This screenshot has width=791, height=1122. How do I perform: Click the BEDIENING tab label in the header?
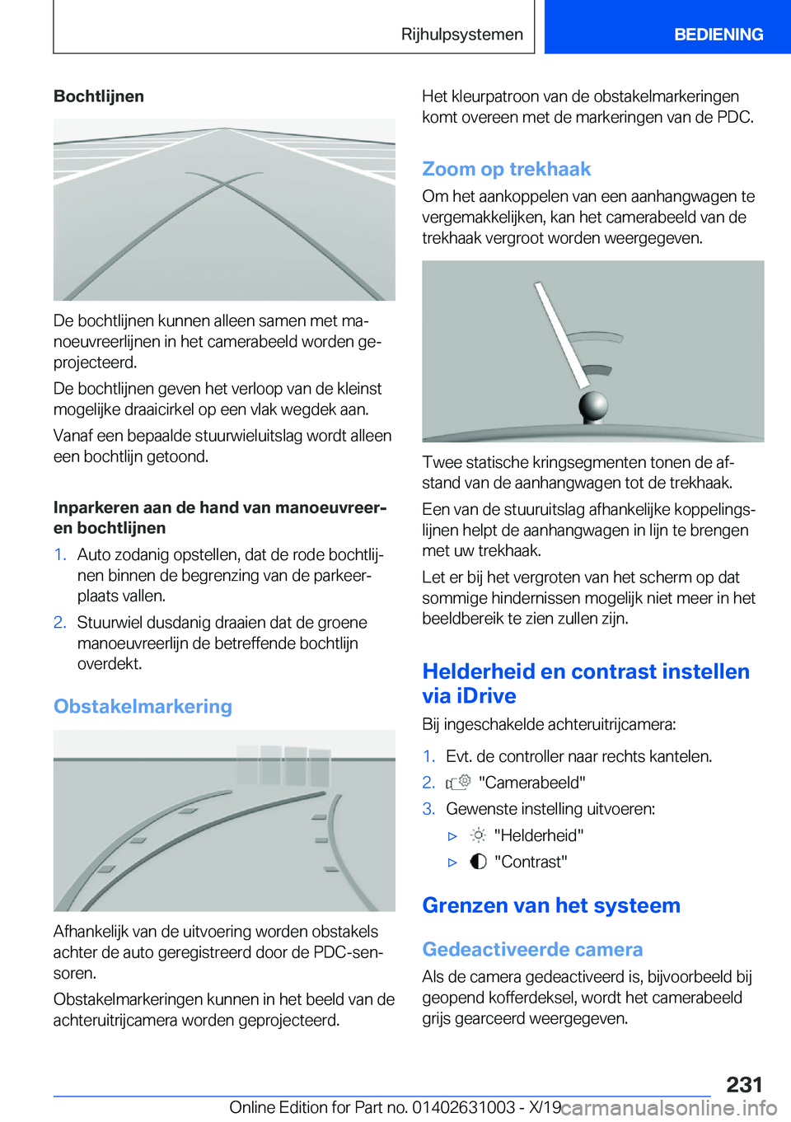[x=718, y=35]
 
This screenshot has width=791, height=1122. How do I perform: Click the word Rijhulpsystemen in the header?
[x=461, y=35]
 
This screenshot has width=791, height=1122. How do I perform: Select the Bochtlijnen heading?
[x=99, y=96]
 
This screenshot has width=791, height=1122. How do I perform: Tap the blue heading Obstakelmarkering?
[x=143, y=706]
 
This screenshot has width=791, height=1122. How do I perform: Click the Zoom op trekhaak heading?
[x=506, y=169]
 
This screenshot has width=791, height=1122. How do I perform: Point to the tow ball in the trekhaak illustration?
[x=593, y=405]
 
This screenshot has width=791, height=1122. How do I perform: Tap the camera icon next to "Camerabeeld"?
[x=458, y=782]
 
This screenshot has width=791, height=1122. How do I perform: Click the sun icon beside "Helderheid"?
[x=478, y=835]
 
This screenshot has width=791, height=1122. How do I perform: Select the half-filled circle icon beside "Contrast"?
[x=478, y=862]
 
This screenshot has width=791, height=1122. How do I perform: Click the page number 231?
[x=744, y=1084]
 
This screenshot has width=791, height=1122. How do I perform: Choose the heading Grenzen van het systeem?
[x=550, y=905]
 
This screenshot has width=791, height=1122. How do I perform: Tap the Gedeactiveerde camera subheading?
[x=532, y=949]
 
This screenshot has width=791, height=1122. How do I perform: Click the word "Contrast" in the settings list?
[x=531, y=862]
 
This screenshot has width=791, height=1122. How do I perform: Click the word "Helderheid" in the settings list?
[x=539, y=835]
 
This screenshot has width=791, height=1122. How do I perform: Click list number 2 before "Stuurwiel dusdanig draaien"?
[x=59, y=622]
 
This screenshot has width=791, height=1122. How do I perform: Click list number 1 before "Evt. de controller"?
[x=428, y=756]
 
